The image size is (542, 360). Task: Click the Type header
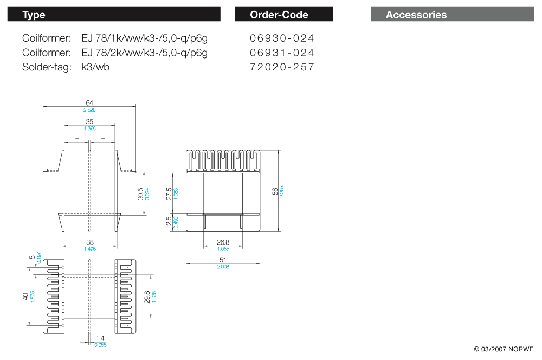[34, 15]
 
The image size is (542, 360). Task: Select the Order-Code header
[279, 15]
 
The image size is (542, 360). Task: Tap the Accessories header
[416, 15]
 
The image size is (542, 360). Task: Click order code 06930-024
[282, 38]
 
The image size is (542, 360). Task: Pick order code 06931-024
[282, 53]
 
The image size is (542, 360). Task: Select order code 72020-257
[282, 67]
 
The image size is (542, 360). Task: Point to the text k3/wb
[95, 67]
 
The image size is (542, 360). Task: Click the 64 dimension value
[89, 103]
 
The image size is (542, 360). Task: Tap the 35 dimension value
[89, 122]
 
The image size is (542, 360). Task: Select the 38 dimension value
[89, 243]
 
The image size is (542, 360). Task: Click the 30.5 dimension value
[140, 193]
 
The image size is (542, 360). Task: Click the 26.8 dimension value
[223, 242]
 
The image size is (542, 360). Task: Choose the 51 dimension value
[223, 260]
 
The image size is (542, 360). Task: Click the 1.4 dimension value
[100, 338]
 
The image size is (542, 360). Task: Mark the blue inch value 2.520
[89, 110]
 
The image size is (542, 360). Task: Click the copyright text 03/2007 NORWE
[504, 349]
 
